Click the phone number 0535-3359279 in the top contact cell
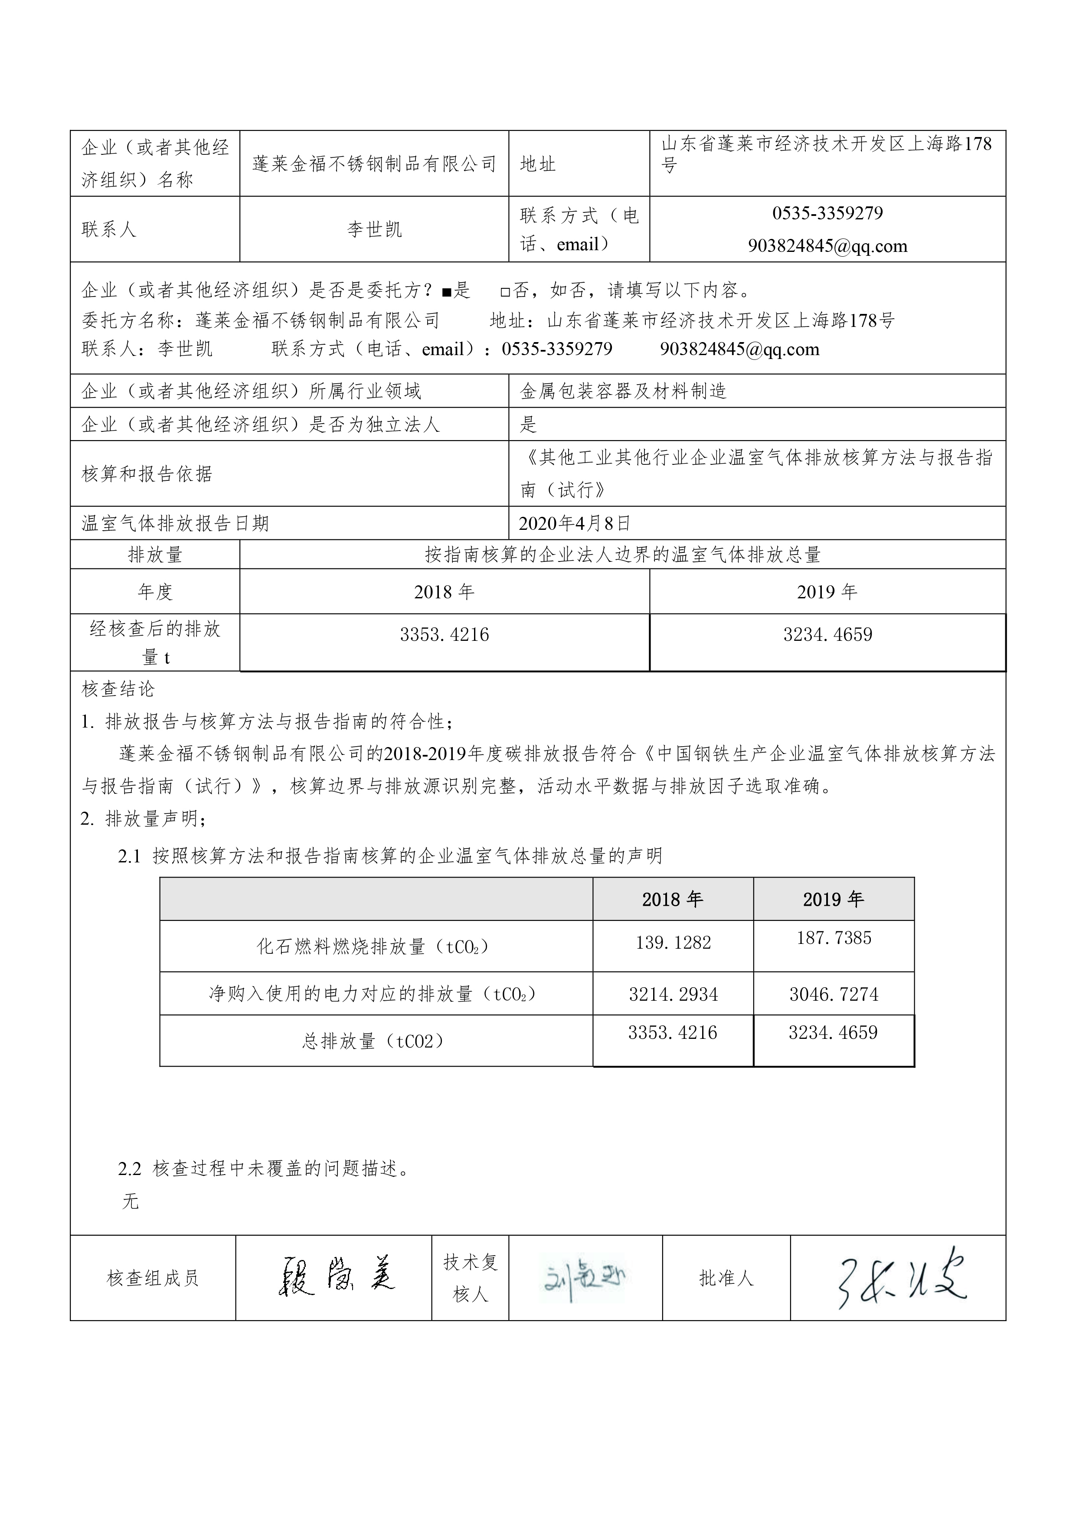click(827, 213)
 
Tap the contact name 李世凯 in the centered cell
click(374, 229)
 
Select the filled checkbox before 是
click(447, 291)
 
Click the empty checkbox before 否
click(506, 291)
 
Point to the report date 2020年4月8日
click(575, 523)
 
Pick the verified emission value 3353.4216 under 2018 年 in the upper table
click(444, 635)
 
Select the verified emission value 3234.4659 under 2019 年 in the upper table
click(827, 635)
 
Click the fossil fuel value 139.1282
click(673, 943)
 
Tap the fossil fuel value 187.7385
click(834, 938)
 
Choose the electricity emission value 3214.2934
click(673, 994)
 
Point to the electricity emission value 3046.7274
click(834, 994)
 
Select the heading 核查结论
click(118, 689)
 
